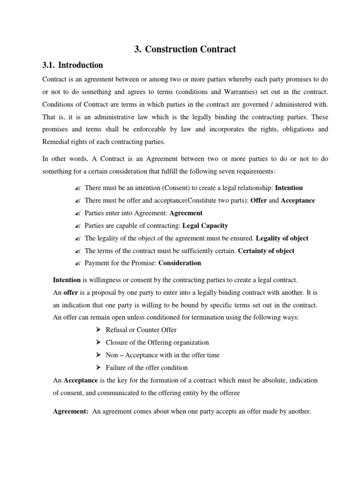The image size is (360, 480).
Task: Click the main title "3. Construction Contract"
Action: pos(185,49)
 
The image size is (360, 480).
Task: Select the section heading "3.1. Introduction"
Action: pos(73,65)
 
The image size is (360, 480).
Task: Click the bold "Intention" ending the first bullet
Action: pos(289,188)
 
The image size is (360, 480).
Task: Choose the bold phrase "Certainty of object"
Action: pos(266,251)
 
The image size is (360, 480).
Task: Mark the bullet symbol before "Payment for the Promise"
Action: pos(78,263)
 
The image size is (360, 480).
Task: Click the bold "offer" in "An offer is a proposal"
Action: pos(70,292)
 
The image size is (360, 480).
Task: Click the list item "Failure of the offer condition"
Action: pos(146,368)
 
